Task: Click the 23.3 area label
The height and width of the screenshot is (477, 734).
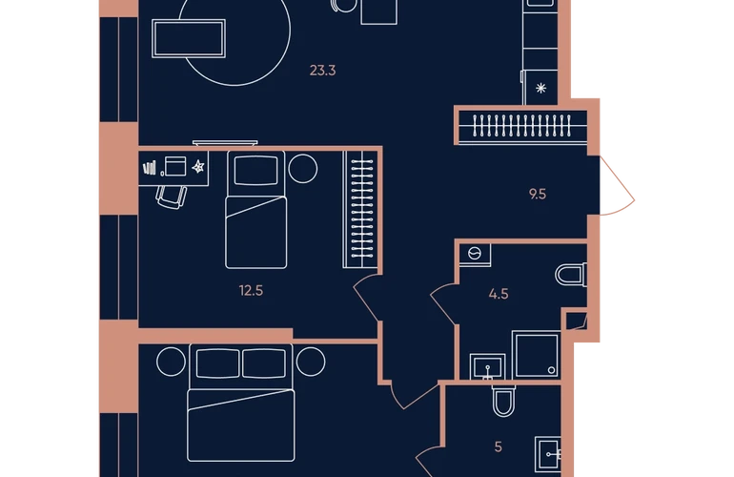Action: click(322, 71)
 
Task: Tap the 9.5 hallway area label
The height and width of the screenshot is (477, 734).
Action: click(538, 194)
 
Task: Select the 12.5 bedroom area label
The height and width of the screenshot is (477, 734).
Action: click(251, 291)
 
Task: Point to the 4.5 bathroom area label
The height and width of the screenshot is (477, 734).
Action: click(499, 294)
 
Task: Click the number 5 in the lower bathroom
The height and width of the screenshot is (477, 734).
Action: click(498, 447)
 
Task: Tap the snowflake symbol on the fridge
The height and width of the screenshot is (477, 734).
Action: click(540, 88)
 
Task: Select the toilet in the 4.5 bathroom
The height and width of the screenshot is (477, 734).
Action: click(571, 275)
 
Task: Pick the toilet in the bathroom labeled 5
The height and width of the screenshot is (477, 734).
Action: click(503, 401)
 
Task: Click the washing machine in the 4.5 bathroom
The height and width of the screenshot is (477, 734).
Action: click(475, 255)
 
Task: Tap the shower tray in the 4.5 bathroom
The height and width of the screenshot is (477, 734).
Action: click(537, 355)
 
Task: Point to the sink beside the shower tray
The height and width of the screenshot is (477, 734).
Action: click(487, 366)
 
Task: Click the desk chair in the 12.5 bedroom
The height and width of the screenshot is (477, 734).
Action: click(172, 197)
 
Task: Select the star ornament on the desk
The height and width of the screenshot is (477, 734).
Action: click(198, 166)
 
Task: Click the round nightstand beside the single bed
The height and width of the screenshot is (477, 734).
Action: click(303, 169)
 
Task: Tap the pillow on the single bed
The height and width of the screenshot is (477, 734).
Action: click(256, 171)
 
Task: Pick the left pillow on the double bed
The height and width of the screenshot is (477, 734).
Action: click(217, 363)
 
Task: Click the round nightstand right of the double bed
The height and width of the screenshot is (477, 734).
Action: click(311, 362)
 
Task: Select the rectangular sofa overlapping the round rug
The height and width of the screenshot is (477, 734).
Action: click(189, 38)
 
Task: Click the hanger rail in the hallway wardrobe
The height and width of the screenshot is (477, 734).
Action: click(522, 127)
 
